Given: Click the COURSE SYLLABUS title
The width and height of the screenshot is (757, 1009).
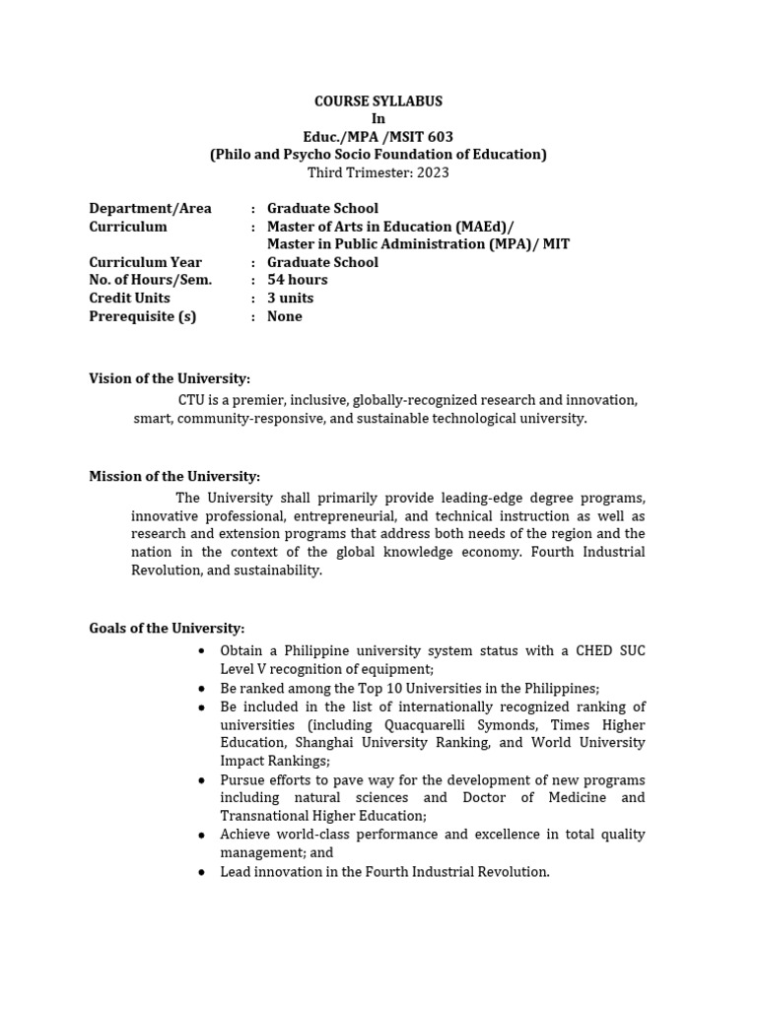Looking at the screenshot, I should coord(378,101).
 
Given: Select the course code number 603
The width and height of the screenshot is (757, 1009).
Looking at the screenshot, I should coord(441,137).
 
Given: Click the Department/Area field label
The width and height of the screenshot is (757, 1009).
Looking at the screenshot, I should coord(150,208).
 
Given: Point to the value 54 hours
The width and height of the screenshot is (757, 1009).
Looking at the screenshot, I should coord(297,280).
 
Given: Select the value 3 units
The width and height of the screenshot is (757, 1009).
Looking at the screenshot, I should coord(290,298).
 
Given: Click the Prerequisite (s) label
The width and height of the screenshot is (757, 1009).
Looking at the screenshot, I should coord(142,316).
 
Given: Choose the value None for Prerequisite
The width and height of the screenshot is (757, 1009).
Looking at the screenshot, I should coord(284,316).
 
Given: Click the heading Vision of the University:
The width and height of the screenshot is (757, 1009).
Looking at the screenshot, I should coord(170,378).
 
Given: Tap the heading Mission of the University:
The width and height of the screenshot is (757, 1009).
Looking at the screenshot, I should coord(174,476).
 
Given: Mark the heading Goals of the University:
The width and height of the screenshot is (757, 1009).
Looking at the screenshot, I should coord(167,628).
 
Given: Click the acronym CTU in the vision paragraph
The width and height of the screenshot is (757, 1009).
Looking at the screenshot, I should coord(190,400).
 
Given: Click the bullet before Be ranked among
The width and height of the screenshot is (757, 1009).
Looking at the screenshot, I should coord(201,689).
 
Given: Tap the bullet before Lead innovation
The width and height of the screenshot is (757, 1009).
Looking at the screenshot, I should coord(201,872).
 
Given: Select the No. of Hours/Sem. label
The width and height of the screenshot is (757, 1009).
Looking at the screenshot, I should coord(150,280).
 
